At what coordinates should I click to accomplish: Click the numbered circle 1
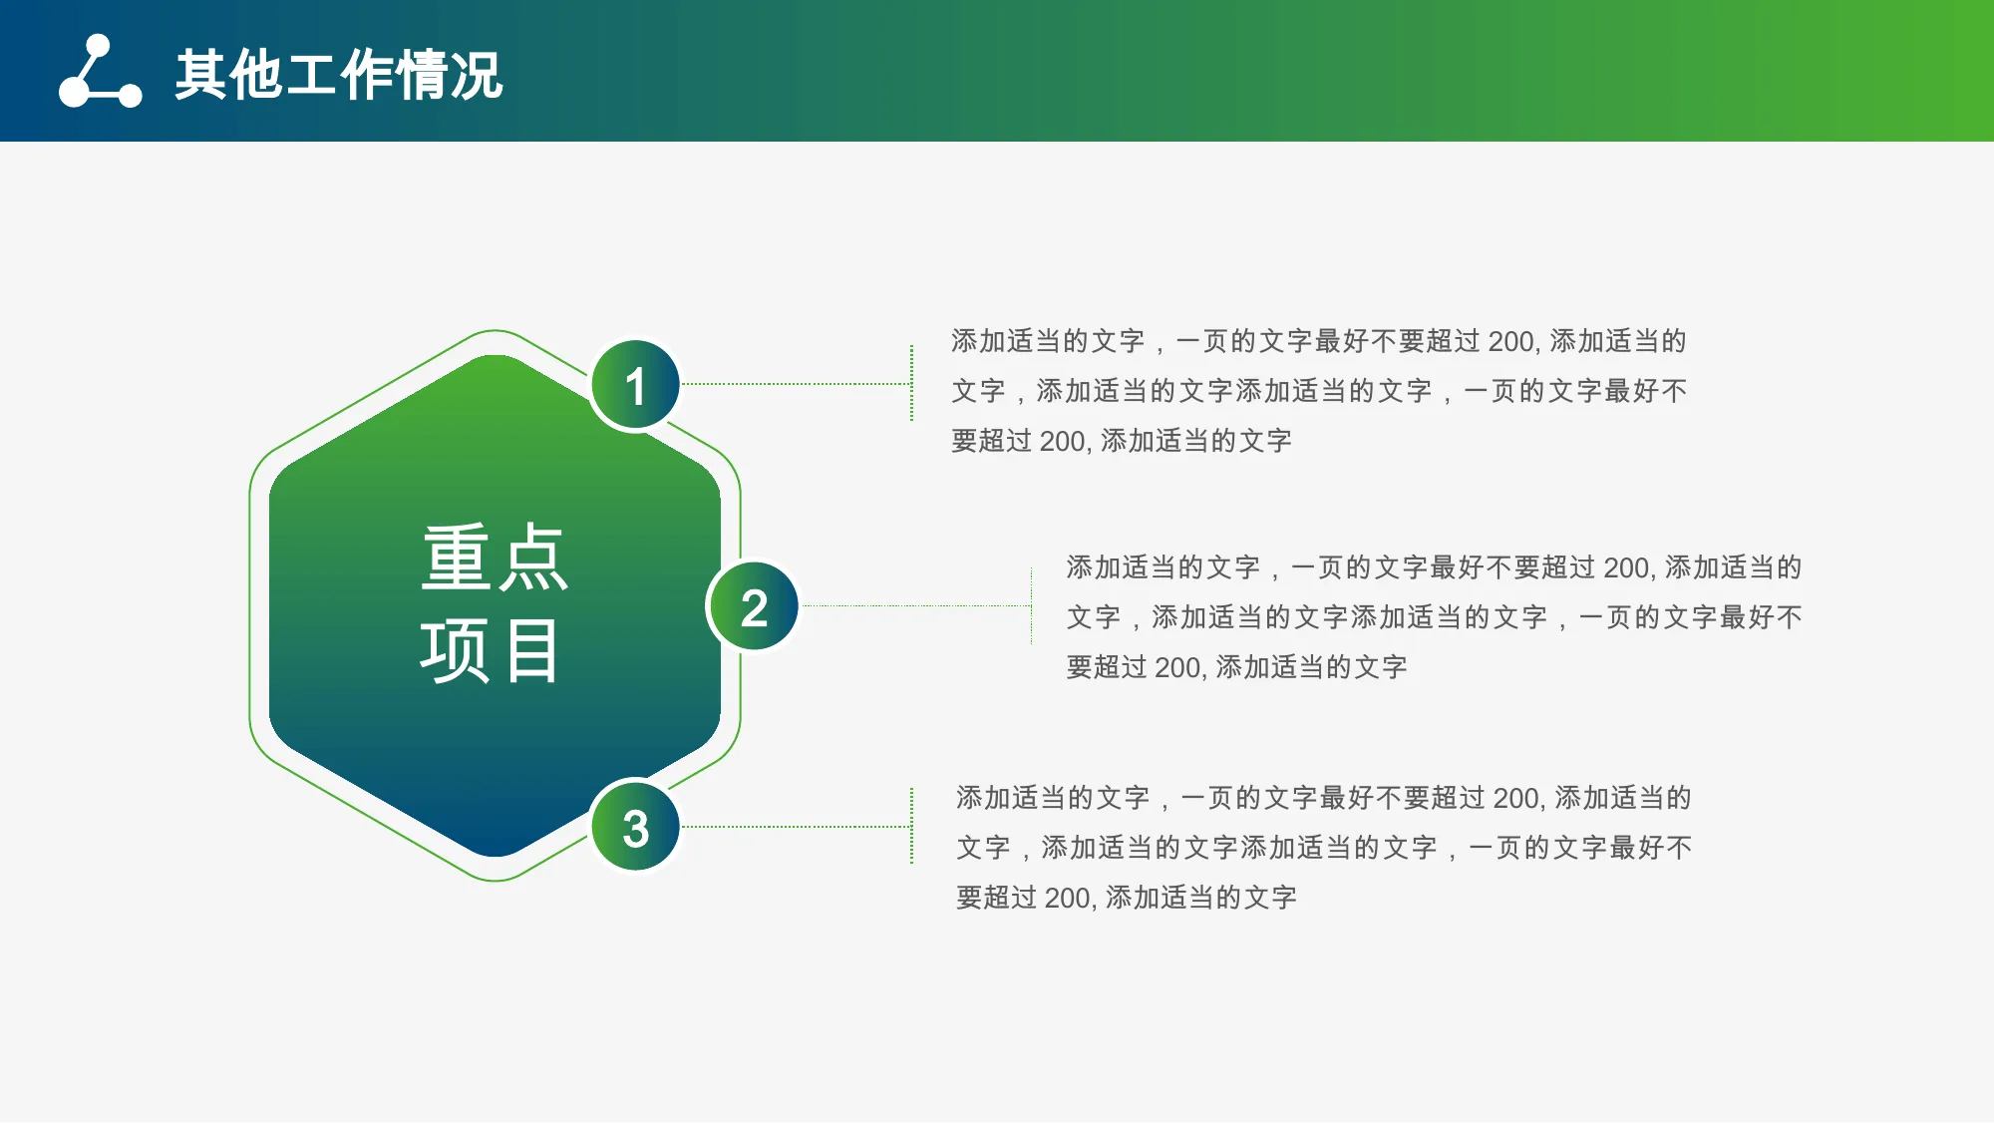635,385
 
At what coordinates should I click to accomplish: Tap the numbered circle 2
754,606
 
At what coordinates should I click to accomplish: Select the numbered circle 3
635,827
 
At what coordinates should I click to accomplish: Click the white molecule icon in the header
100,71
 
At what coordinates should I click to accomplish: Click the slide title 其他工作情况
339,75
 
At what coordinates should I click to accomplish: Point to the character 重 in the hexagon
457,558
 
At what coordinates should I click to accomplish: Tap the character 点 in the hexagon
533,558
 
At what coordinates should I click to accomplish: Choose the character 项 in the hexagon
455,650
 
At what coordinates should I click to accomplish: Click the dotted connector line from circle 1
797,384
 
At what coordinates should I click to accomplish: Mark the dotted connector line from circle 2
916,605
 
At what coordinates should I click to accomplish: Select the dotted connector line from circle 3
797,827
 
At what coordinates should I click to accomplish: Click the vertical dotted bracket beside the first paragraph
911,384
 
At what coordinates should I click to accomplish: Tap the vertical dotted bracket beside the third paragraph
911,827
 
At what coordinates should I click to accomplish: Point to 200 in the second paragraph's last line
1176,667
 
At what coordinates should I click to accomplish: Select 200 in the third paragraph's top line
1516,798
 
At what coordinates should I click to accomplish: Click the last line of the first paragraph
1122,441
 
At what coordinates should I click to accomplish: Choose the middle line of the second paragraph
1435,617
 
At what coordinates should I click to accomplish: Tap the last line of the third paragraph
1127,898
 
